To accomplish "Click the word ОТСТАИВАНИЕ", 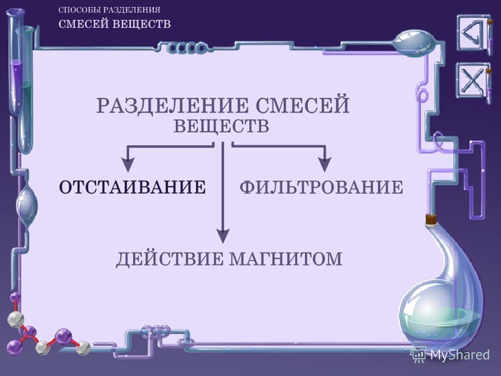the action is point(132,187).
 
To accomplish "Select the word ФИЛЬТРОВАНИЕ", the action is point(321,187).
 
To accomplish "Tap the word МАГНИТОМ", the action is point(286,258).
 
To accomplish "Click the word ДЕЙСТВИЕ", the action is point(170,259).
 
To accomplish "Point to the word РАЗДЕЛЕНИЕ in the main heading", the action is point(172,106).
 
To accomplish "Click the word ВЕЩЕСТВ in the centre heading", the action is point(221,126).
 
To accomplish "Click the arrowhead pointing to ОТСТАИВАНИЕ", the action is point(128,165).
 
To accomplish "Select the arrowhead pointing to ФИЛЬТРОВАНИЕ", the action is point(325,165).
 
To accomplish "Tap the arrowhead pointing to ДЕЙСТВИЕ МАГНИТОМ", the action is point(223,236).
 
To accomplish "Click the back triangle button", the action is point(473,33).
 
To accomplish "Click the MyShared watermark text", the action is point(459,355).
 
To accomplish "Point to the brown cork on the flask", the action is point(431,219).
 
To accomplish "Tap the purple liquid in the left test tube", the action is point(15,85).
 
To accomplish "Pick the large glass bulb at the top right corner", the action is point(412,43).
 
